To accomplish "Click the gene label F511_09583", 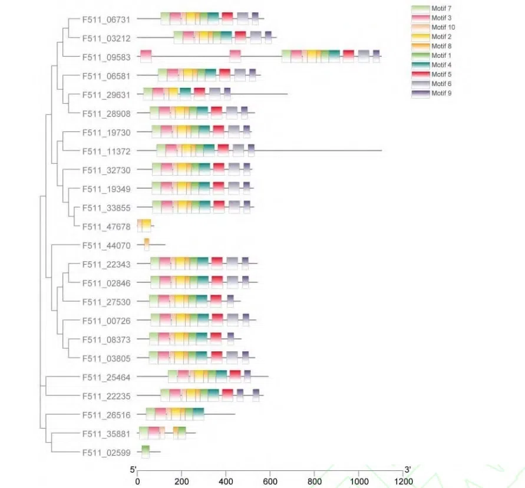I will pyautogui.click(x=107, y=57).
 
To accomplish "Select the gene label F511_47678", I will pyautogui.click(x=107, y=226).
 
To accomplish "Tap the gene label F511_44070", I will pyautogui.click(x=107, y=245).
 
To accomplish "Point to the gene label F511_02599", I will pyautogui.click(x=107, y=453).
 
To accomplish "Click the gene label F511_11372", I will pyautogui.click(x=107, y=151).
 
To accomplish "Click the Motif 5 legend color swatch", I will pyautogui.click(x=420, y=74).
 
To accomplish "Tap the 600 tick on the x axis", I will pyautogui.click(x=270, y=481).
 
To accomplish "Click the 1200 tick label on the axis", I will pyautogui.click(x=403, y=481).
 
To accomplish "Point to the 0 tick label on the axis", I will pyautogui.click(x=137, y=481).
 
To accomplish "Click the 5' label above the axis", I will pyautogui.click(x=133, y=470).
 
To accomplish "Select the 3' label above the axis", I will pyautogui.click(x=407, y=470).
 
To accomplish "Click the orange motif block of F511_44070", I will pyautogui.click(x=147, y=244).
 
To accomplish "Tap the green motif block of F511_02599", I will pyautogui.click(x=146, y=451).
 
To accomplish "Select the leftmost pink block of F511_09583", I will pyautogui.click(x=146, y=57).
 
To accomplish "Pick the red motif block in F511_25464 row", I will pyautogui.click(x=235, y=376).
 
